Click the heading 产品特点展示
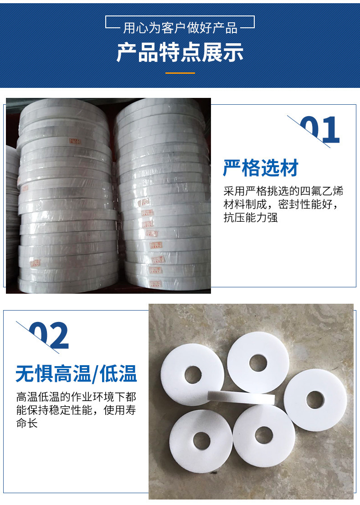tap(180, 53)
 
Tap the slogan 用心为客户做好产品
tap(180, 28)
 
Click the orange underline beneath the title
tap(180, 73)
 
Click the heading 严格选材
tap(261, 168)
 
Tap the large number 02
tap(49, 336)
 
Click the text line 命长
tap(27, 423)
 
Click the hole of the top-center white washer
tap(257, 362)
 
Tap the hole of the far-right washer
tap(314, 400)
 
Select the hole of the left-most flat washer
tap(193, 374)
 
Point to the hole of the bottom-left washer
tap(201, 439)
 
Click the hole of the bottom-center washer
tap(263, 435)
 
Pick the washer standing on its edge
tap(241, 397)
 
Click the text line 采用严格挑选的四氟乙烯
tap(283, 191)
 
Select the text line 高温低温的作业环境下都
tap(76, 396)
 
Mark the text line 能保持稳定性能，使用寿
tap(76, 410)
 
